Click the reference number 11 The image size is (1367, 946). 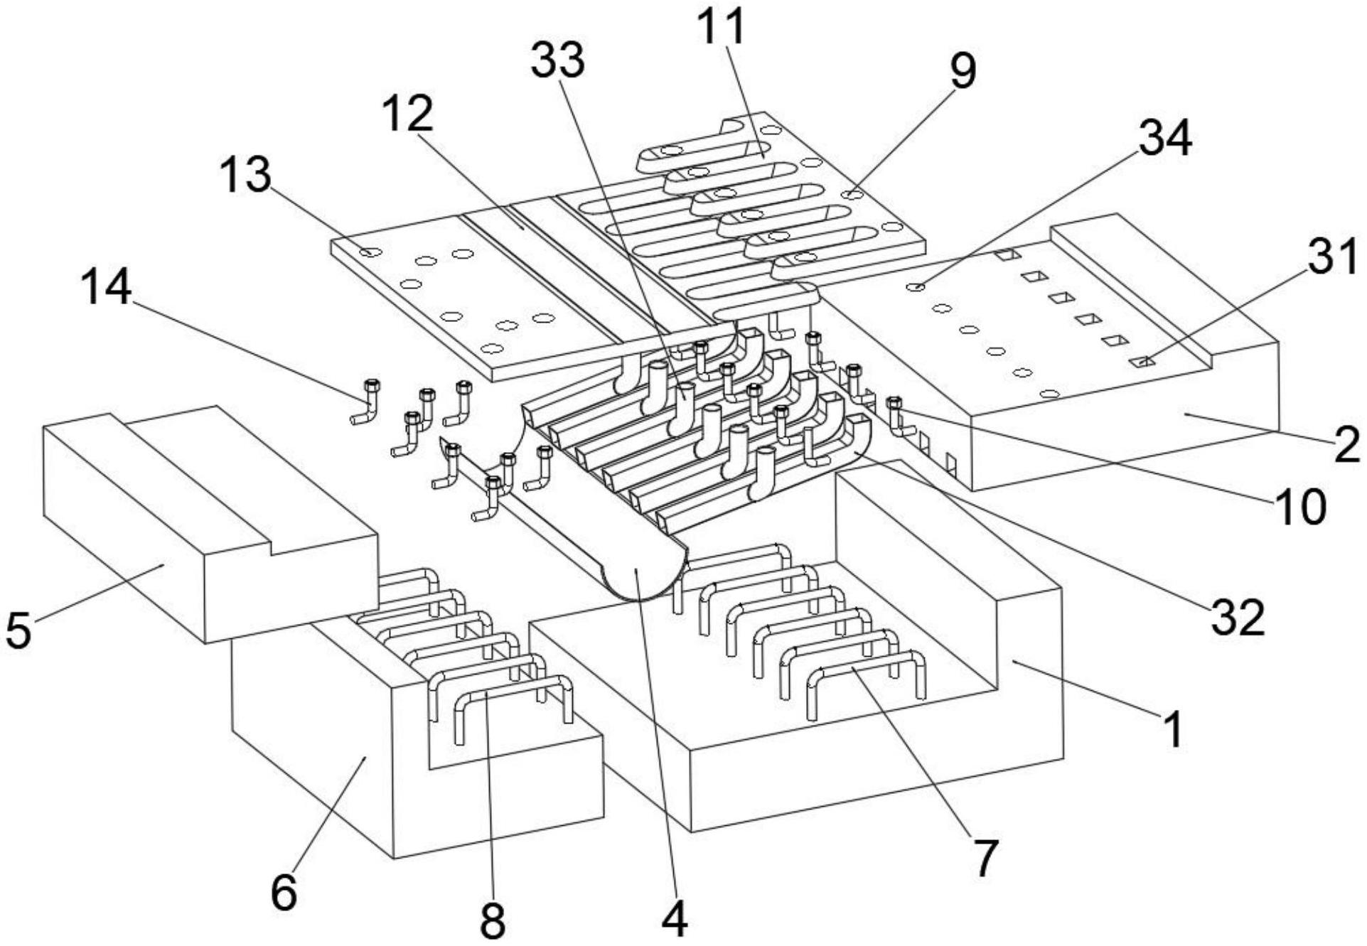(x=721, y=27)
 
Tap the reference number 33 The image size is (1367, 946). (x=558, y=60)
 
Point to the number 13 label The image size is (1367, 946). (x=245, y=175)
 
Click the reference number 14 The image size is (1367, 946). (x=106, y=288)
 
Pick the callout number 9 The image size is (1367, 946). (x=963, y=71)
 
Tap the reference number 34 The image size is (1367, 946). (x=1165, y=139)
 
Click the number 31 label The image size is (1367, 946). (x=1334, y=256)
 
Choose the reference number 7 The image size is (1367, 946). (x=985, y=858)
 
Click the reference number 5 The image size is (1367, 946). (x=18, y=630)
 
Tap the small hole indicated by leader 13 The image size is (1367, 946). (x=370, y=252)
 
